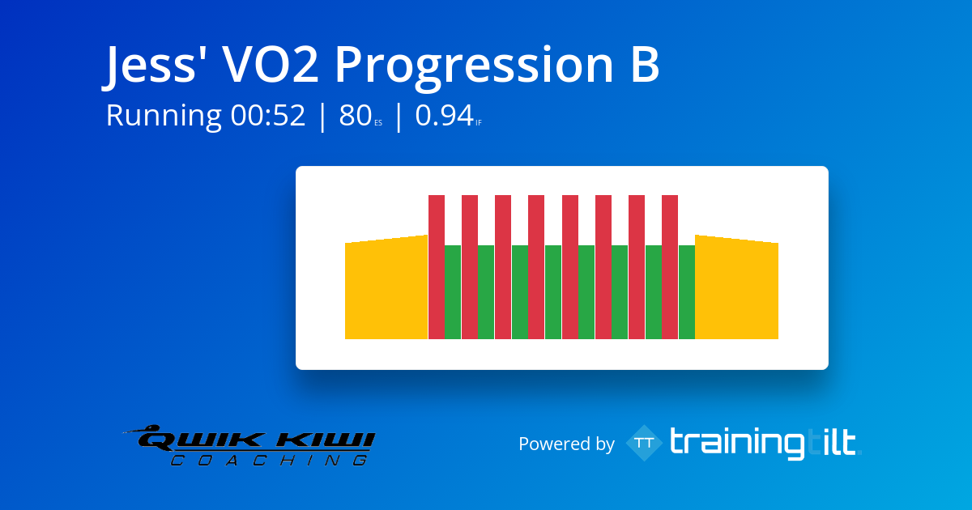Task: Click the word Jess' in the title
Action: (x=149, y=65)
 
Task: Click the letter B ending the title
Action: (x=646, y=64)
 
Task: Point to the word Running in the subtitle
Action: (x=164, y=116)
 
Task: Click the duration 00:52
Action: (x=268, y=115)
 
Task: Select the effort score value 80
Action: (x=355, y=115)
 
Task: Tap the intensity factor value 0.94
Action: (x=444, y=115)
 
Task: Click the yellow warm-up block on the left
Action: (x=386, y=287)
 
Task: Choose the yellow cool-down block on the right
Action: (x=736, y=287)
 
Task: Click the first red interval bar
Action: (x=437, y=267)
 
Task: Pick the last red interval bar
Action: (x=670, y=267)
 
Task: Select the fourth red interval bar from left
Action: (x=536, y=267)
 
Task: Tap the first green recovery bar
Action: (x=453, y=292)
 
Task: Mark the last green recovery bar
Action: (x=687, y=292)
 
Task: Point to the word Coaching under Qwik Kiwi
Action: (x=270, y=460)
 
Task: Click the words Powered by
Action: (x=566, y=444)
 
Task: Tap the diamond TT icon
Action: (x=645, y=443)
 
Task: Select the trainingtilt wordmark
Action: (x=765, y=443)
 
